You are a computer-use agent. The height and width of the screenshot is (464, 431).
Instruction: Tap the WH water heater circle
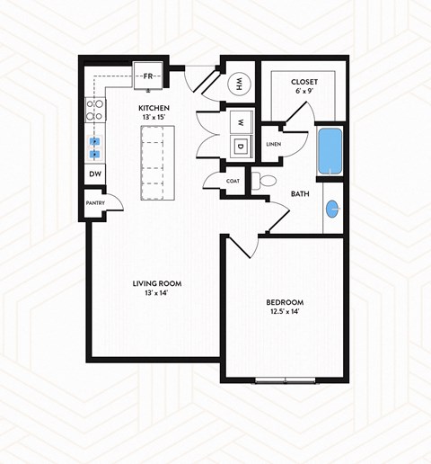pyautogui.click(x=240, y=85)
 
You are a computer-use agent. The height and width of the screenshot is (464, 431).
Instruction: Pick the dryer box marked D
pyautogui.click(x=241, y=146)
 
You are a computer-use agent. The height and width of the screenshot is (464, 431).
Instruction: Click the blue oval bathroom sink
pyautogui.click(x=333, y=210)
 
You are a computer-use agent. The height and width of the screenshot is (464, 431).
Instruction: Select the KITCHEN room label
pyautogui.click(x=154, y=107)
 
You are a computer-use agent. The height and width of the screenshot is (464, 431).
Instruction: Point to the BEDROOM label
pyautogui.click(x=285, y=301)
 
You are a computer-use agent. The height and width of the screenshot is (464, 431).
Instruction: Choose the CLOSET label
pyautogui.click(x=305, y=84)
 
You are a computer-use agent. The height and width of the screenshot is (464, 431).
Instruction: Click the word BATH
pyautogui.click(x=301, y=193)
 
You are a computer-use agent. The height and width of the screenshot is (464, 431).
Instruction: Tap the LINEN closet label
pyautogui.click(x=274, y=144)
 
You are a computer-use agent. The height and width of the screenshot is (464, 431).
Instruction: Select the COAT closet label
pyautogui.click(x=233, y=181)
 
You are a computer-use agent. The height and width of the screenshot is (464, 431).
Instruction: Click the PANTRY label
pyautogui.click(x=96, y=203)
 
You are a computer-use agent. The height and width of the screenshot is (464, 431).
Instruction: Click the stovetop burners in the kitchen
pyautogui.click(x=93, y=110)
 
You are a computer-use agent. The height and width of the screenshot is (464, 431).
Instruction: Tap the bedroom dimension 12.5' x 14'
pyautogui.click(x=285, y=311)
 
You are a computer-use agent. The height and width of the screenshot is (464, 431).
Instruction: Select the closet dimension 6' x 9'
pyautogui.click(x=305, y=93)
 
